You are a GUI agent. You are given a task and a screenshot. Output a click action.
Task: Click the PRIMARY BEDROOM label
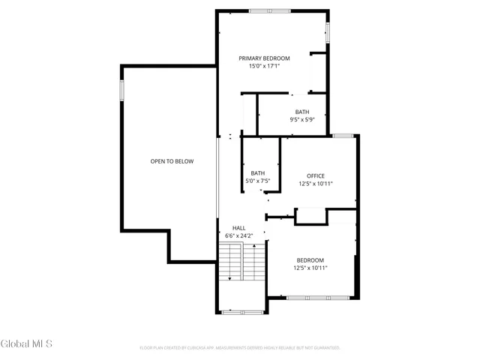(x=264, y=58)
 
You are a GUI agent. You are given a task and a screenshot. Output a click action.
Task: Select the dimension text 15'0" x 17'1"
(x=264, y=66)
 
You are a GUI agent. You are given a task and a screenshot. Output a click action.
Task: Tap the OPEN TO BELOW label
(x=172, y=161)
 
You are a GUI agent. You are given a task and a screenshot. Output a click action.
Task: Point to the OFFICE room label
(x=315, y=175)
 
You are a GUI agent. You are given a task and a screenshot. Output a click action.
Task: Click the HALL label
(x=238, y=228)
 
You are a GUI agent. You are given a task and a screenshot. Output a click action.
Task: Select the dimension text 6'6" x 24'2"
(x=238, y=235)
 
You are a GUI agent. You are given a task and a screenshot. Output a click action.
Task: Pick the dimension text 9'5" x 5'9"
(x=301, y=119)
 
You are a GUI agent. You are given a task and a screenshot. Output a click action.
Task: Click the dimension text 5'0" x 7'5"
(x=257, y=181)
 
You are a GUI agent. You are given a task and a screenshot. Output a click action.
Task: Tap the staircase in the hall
(x=242, y=262)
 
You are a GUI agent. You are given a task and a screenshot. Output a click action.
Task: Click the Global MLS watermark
(x=27, y=344)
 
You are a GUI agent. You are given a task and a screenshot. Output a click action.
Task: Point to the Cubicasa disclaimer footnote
(x=240, y=348)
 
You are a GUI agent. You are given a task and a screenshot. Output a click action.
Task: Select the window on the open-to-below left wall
(x=121, y=89)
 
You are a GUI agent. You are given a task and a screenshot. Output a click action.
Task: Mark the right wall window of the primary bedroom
(x=328, y=31)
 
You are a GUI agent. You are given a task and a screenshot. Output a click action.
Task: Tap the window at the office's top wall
(x=343, y=136)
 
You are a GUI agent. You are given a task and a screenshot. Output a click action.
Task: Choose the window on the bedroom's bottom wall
(x=318, y=298)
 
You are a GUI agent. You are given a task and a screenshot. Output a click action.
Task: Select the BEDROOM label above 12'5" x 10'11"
(x=310, y=259)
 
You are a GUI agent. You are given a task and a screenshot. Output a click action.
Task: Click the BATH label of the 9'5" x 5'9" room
(x=301, y=112)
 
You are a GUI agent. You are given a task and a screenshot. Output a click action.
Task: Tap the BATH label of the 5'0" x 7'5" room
(x=257, y=173)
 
